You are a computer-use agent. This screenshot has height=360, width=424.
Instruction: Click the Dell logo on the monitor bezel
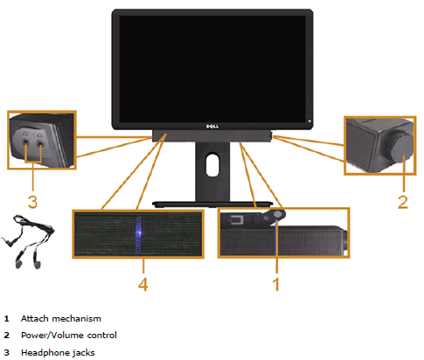(x=212, y=126)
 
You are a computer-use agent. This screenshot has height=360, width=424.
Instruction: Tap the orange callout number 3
(x=32, y=202)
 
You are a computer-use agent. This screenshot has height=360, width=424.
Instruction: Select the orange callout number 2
(x=403, y=202)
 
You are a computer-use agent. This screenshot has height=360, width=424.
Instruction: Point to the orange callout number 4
(x=142, y=284)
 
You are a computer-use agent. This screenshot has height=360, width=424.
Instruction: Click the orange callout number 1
(x=276, y=284)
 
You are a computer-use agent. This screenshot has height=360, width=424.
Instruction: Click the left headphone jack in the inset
(x=26, y=142)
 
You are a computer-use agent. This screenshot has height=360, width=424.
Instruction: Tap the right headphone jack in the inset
(x=39, y=142)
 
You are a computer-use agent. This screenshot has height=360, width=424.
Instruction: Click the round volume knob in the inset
(x=400, y=146)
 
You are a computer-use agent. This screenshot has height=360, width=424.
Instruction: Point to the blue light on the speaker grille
(x=139, y=234)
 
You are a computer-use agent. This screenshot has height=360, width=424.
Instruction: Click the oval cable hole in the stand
(x=212, y=164)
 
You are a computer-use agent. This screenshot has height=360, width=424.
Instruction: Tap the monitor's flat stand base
(x=212, y=204)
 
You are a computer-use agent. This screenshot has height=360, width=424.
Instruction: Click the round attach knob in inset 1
(x=278, y=214)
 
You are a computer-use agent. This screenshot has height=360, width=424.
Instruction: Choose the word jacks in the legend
(x=84, y=353)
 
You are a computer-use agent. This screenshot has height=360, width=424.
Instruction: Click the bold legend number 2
(x=7, y=336)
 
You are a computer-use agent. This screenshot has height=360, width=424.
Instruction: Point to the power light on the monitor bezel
(x=309, y=121)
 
